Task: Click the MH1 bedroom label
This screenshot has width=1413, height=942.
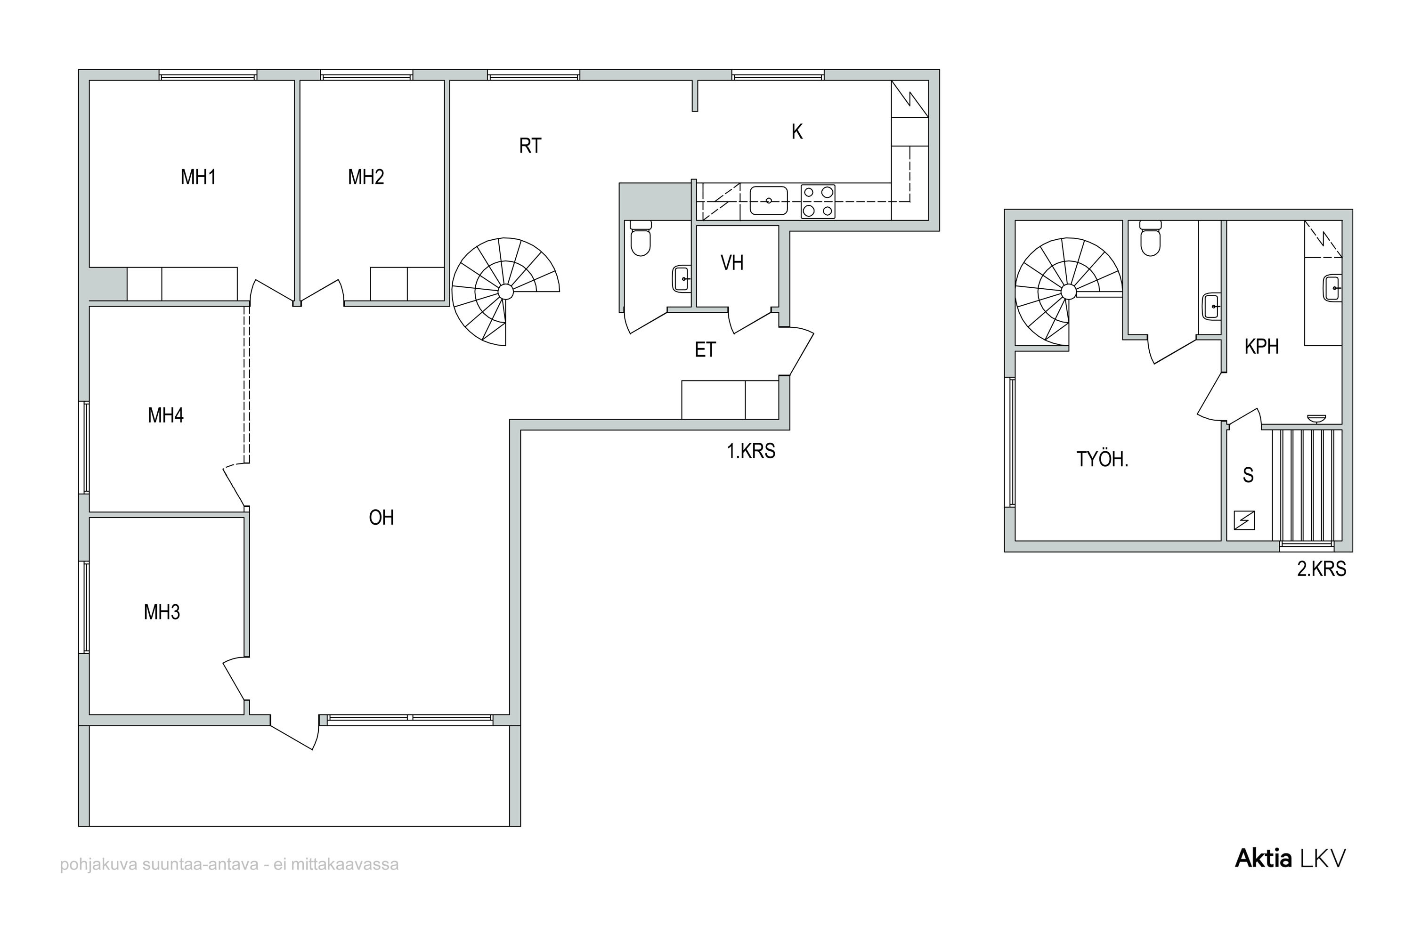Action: click(198, 177)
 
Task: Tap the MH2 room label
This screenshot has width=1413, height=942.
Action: click(366, 177)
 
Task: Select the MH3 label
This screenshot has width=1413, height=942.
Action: click(162, 612)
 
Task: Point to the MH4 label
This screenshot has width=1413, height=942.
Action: click(166, 415)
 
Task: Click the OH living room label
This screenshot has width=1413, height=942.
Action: click(382, 517)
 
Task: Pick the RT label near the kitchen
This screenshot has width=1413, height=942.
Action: click(530, 146)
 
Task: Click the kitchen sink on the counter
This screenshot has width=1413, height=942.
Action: click(768, 201)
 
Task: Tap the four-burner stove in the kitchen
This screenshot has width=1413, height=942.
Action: click(818, 201)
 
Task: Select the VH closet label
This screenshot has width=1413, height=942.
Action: click(732, 262)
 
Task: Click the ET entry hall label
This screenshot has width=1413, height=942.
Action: click(705, 349)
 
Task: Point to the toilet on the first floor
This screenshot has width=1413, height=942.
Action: click(641, 238)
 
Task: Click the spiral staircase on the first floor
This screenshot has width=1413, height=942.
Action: click(506, 292)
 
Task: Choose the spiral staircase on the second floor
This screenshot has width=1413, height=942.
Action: click(1068, 292)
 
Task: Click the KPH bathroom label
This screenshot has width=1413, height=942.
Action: click(1262, 347)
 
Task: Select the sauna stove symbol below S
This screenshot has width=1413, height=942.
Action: click(1244, 520)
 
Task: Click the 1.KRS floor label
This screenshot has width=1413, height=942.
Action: click(751, 451)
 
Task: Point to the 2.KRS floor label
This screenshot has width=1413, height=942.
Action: click(1322, 569)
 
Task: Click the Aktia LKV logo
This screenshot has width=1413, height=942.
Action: click(1291, 859)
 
